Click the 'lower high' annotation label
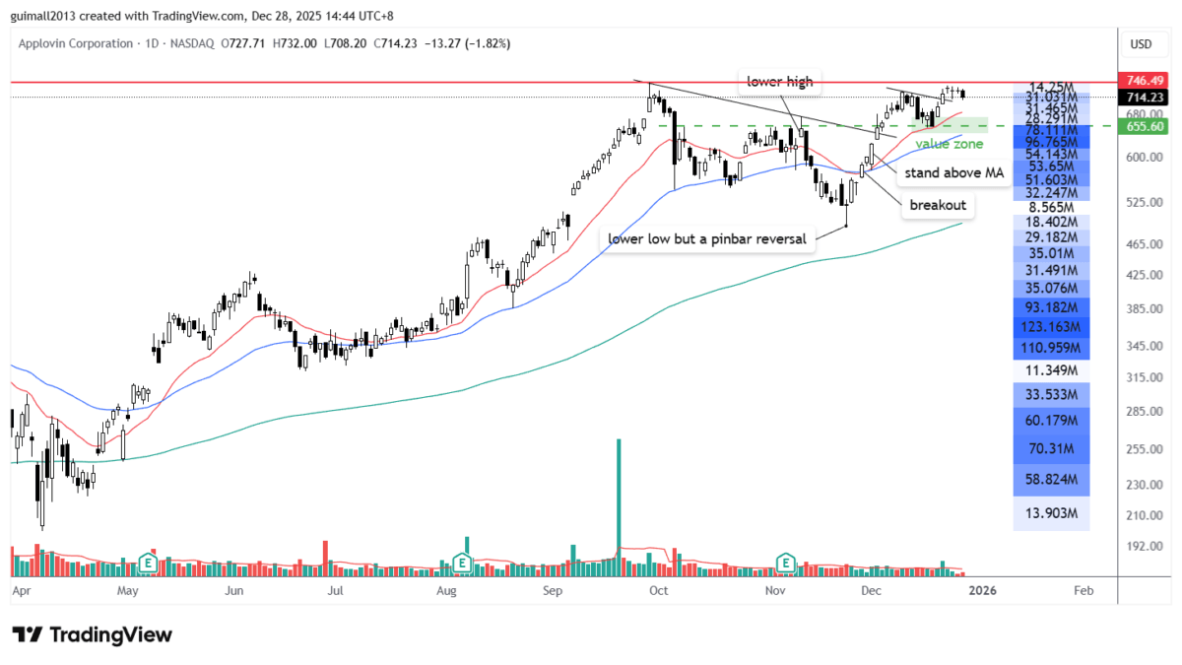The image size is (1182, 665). pos(780,82)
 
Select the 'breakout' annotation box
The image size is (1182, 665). pos(937,206)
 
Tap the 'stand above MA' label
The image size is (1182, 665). pos(954,172)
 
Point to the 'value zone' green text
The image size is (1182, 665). pos(949,144)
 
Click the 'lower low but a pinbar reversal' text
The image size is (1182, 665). pos(707,238)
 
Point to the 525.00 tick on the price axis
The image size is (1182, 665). pos(1140,203)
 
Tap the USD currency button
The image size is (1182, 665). pos(1141,44)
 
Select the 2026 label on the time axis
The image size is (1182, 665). pos(980,591)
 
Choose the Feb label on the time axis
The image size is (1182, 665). pos(1083,591)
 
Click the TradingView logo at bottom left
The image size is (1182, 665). pos(93,634)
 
